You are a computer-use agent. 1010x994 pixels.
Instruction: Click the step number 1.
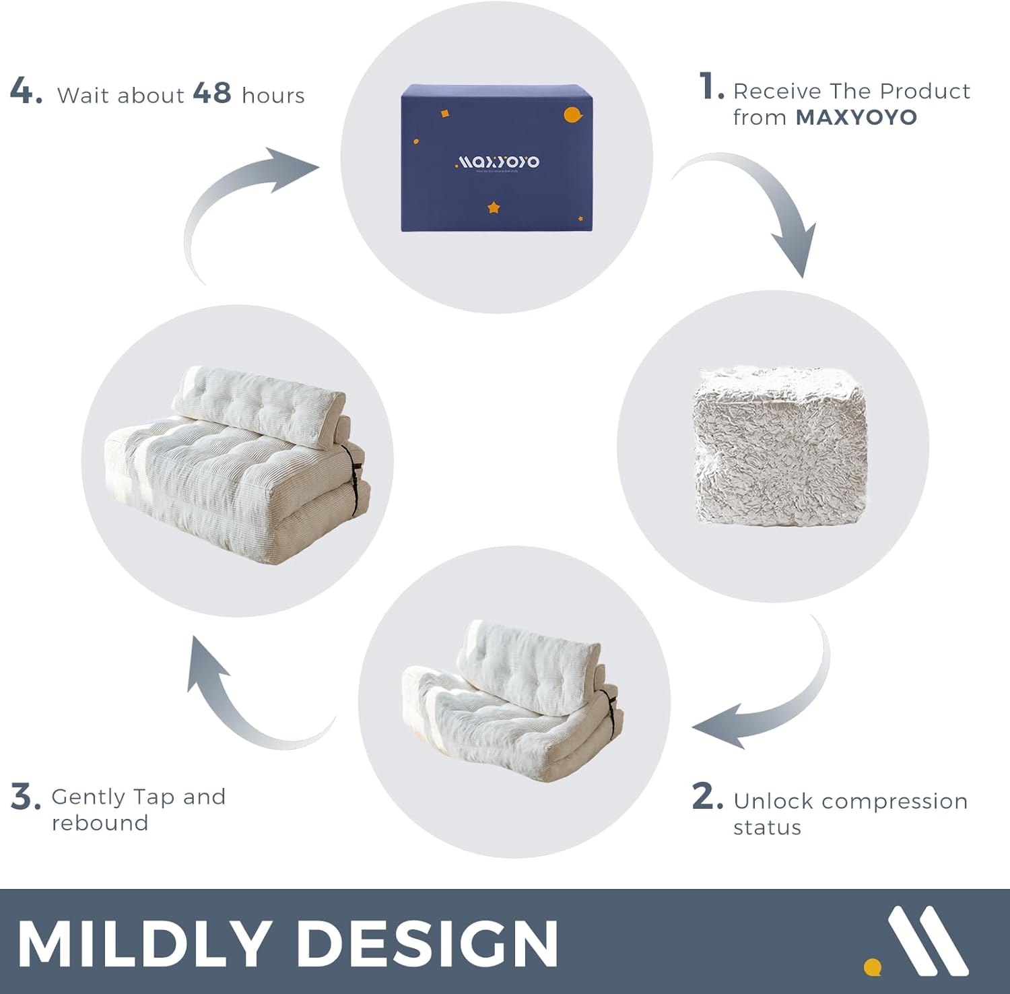coord(710,87)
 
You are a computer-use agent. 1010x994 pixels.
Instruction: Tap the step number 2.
coord(707,797)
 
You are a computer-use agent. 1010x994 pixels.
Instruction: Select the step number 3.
coord(26,797)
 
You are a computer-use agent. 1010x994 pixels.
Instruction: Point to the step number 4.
coord(26,91)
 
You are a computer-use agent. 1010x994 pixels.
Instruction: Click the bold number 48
coord(212,93)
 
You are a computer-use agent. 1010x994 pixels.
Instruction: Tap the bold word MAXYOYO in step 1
coord(856,117)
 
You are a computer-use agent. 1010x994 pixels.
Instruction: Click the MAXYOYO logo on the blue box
coord(498,162)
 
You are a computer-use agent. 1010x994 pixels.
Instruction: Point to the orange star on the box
coord(494,207)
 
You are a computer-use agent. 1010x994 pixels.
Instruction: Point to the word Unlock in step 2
coord(773,801)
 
